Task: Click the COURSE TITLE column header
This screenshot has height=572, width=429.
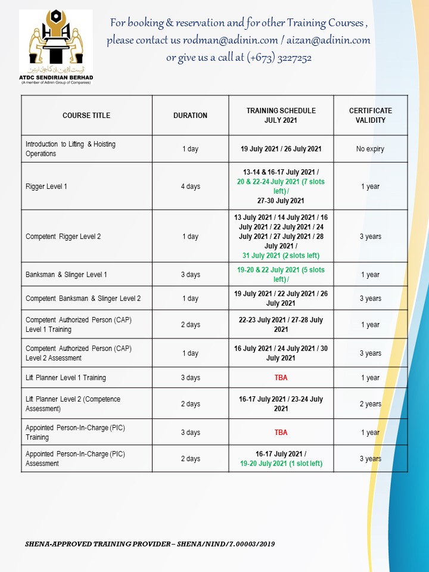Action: (x=86, y=116)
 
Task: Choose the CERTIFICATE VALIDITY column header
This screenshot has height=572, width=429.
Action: (x=370, y=116)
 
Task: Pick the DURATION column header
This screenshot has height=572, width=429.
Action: (x=190, y=116)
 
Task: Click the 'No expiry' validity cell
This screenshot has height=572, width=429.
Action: (x=370, y=149)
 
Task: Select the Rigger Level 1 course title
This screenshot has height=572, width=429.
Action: (x=46, y=186)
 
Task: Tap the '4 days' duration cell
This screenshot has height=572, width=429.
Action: (x=190, y=186)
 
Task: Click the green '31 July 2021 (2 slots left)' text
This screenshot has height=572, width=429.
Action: (x=281, y=256)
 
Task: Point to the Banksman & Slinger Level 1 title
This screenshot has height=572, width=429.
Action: (x=66, y=275)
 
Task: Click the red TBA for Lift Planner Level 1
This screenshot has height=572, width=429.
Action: (x=281, y=378)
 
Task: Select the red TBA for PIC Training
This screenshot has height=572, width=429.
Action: (x=281, y=433)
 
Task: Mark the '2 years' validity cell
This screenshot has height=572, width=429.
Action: (x=370, y=404)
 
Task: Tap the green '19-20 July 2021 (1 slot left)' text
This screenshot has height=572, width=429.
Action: (x=281, y=463)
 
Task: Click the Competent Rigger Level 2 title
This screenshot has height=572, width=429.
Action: (x=63, y=237)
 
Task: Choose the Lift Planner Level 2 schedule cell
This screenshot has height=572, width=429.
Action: (x=281, y=404)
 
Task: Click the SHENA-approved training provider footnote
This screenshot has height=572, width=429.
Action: (x=150, y=544)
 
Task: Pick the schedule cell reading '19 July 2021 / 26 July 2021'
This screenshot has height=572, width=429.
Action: (x=281, y=149)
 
